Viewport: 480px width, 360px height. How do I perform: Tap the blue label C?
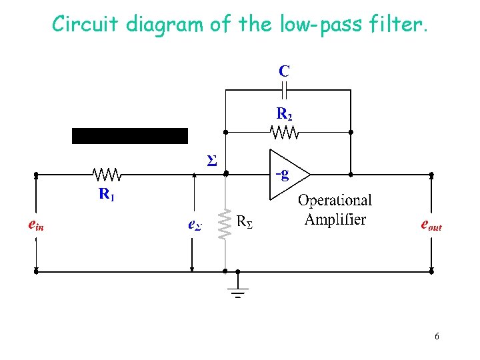pyautogui.click(x=284, y=70)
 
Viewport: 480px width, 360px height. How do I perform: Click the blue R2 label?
pyautogui.click(x=284, y=114)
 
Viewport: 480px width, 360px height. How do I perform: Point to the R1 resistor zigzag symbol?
pyautogui.click(x=107, y=175)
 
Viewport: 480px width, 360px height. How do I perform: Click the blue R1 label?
pyautogui.click(x=107, y=195)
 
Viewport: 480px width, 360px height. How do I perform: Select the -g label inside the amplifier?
pyautogui.click(x=282, y=175)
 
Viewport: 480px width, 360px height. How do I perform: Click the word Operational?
pyautogui.click(x=335, y=200)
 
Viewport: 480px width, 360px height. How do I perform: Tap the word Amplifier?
pyautogui.click(x=335, y=219)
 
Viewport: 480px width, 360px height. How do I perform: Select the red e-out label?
pyautogui.click(x=431, y=225)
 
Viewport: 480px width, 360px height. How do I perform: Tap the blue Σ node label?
pyautogui.click(x=211, y=161)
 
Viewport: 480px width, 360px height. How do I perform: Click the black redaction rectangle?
pyautogui.click(x=130, y=136)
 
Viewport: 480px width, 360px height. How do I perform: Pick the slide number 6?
pyautogui.click(x=437, y=336)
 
